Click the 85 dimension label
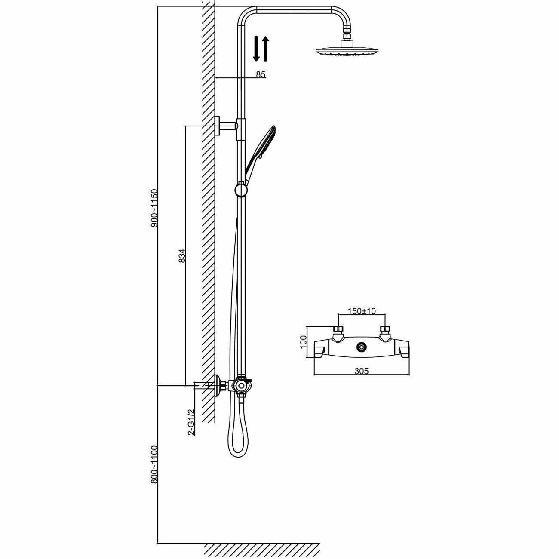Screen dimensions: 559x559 pos(261,74)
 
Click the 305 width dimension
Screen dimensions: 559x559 pos(362,371)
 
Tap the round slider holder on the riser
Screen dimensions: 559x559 pos(241,189)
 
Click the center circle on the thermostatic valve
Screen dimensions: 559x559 pos(362,346)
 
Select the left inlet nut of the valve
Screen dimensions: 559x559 pos(338,331)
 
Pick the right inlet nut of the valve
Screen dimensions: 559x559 pos(385,331)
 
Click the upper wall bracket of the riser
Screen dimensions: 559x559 pos(225,126)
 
